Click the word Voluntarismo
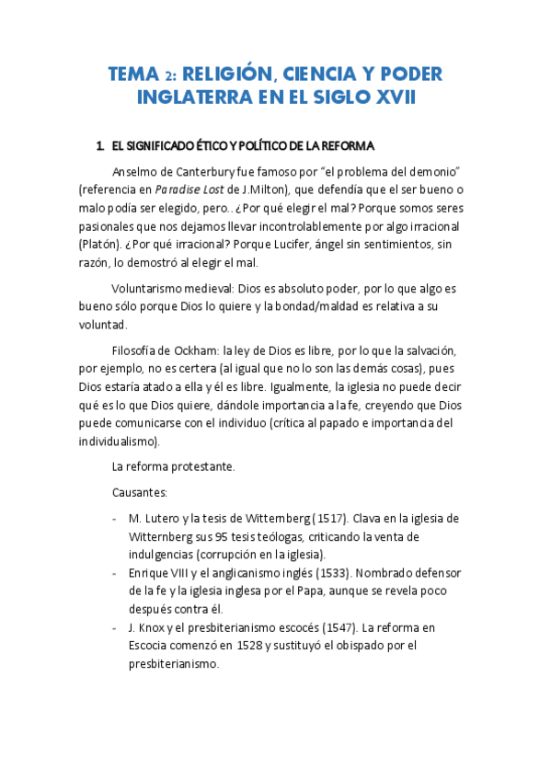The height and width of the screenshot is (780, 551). click(150, 289)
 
